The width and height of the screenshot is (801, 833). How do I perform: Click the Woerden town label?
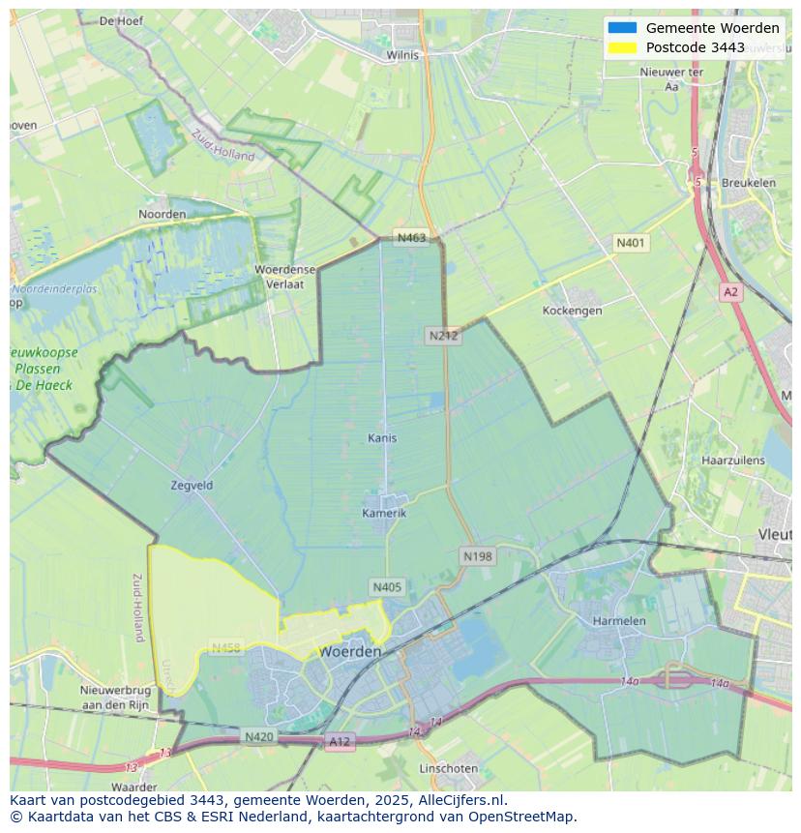349,651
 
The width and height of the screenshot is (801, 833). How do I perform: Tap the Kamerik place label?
384,513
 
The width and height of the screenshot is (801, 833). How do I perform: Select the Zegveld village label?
192,485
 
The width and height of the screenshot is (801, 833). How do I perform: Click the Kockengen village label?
572,311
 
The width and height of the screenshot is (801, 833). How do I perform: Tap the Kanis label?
382,437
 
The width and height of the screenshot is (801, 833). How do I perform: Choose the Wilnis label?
402,55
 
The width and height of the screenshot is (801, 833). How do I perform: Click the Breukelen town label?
748,183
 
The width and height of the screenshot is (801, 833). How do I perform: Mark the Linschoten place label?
448,768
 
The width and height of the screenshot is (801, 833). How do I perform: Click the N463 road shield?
410,238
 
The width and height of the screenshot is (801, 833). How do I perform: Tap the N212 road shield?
443,336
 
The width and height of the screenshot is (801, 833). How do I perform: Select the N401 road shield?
631,243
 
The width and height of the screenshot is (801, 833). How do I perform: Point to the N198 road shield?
477,556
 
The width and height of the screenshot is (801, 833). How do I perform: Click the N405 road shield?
387,587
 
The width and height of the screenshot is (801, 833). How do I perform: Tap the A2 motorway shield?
730,291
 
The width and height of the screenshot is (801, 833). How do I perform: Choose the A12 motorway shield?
340,742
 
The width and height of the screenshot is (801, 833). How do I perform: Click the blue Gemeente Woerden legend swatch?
622,28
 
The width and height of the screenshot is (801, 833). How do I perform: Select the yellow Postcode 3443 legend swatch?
622,47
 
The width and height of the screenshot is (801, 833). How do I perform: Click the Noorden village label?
162,214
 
